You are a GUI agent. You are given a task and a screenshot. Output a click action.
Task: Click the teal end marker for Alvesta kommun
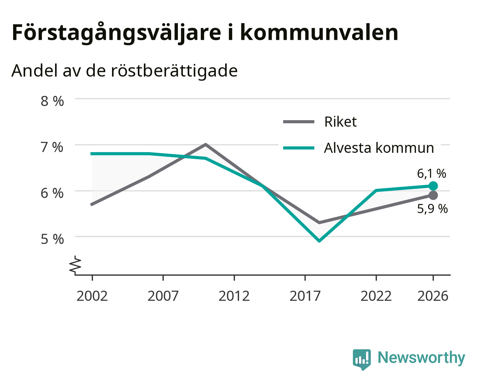(x=433, y=186)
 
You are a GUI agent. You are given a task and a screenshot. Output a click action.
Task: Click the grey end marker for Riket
(x=433, y=195)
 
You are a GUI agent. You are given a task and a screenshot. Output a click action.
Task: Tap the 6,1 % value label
(x=431, y=174)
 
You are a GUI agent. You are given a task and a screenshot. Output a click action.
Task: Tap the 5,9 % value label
(x=432, y=209)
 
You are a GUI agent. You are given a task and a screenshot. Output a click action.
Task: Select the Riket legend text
(x=340, y=122)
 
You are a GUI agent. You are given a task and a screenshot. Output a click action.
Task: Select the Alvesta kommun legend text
(x=379, y=148)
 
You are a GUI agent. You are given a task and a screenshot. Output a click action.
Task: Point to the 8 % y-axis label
(x=52, y=101)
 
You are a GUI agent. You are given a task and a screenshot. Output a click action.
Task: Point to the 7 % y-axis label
(x=52, y=147)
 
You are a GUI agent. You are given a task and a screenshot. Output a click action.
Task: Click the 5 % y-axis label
(x=52, y=239)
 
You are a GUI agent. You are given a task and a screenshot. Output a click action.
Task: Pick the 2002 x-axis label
(x=92, y=296)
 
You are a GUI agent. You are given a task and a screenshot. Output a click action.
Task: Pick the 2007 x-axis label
(x=163, y=296)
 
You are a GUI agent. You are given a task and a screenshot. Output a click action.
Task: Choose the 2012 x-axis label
(x=234, y=296)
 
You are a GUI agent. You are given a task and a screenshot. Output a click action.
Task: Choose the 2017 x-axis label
(x=305, y=296)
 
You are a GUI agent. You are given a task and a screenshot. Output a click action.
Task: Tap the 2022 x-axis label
(x=376, y=296)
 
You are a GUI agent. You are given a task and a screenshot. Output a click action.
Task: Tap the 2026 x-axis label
(x=433, y=296)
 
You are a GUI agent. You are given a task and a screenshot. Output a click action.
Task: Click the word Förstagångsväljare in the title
(x=117, y=33)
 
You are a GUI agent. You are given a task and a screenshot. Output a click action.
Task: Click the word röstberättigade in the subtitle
(x=174, y=71)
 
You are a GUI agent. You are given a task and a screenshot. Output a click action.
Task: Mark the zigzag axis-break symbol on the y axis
(x=75, y=264)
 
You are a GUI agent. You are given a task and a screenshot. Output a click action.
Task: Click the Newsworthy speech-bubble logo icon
(x=362, y=360)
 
